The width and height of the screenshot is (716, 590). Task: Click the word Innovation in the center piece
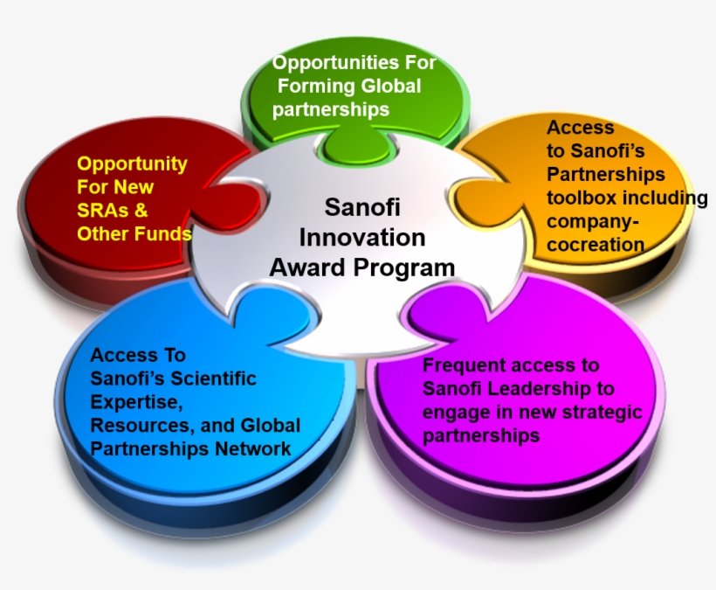click(362, 238)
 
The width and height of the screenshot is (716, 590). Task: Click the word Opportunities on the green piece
click(335, 64)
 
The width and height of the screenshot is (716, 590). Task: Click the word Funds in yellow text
click(162, 233)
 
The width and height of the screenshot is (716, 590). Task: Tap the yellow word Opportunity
click(133, 164)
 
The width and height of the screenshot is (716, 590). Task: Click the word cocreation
click(596, 245)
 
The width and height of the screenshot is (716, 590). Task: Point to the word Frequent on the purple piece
click(461, 365)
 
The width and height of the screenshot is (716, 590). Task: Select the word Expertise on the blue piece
click(136, 403)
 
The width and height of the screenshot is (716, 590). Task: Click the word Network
click(253, 448)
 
